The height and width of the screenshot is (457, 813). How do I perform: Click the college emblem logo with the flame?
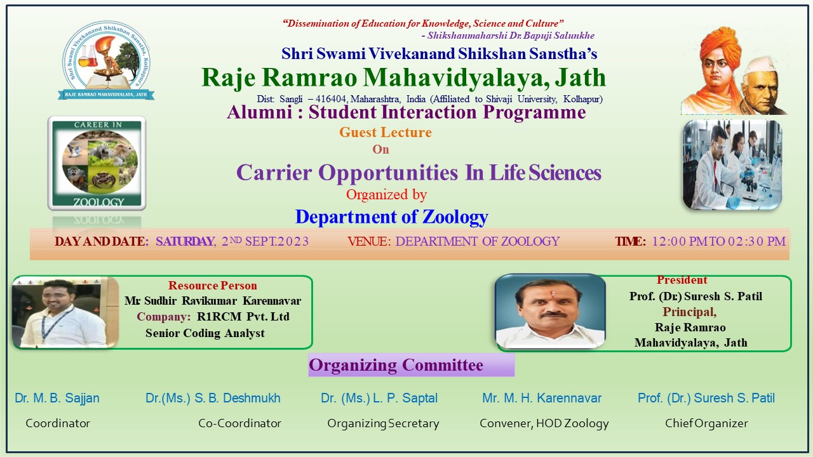[106, 60]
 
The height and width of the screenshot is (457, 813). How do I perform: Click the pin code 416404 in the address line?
[330, 99]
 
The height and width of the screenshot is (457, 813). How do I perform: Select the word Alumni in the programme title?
[260, 112]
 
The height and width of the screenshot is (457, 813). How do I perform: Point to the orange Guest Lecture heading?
[386, 133]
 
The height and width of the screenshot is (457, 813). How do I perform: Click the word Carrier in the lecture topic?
[274, 172]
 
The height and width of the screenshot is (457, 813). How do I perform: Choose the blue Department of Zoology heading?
[392, 217]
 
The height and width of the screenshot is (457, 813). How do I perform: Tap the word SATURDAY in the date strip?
[185, 242]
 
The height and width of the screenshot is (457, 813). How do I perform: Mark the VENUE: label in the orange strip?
[369, 242]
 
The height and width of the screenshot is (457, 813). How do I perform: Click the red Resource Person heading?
[213, 286]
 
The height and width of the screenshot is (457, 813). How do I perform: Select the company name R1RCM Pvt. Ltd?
[243, 317]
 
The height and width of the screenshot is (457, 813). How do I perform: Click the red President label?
[682, 280]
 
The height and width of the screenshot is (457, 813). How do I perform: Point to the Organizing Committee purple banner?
[411, 365]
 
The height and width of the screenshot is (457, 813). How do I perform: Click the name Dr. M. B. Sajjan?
[57, 398]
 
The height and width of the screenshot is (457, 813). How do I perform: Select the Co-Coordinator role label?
[239, 423]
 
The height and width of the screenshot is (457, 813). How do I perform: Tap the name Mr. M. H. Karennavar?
[542, 398]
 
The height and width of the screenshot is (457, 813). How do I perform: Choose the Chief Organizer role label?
[706, 423]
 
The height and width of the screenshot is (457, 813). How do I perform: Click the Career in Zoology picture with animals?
[97, 163]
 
